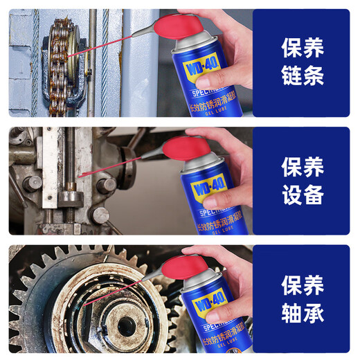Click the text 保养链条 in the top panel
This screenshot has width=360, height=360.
(x=303, y=62)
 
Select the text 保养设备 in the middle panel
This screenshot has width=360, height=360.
(x=303, y=180)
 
